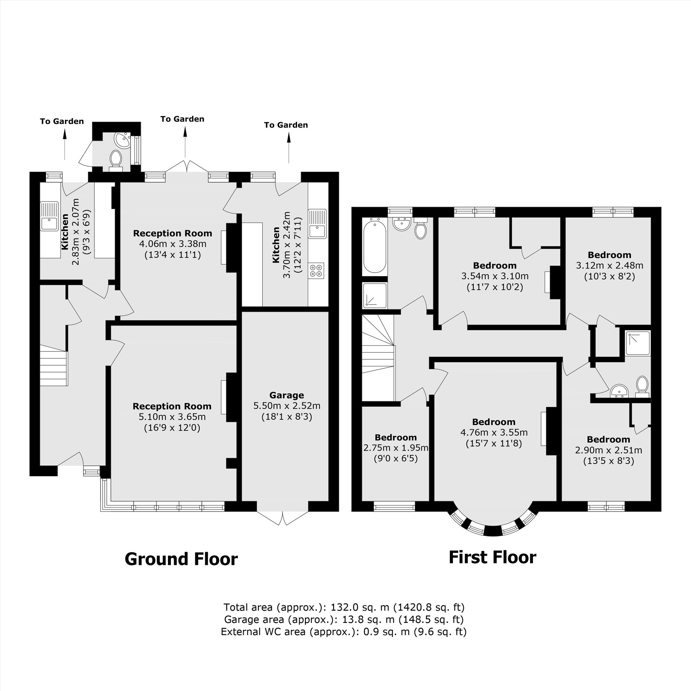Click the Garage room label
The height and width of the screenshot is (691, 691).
tap(286, 395)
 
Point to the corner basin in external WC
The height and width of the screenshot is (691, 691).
tap(123, 140)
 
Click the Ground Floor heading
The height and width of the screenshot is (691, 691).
tap(181, 559)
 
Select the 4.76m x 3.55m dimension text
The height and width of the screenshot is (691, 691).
tap(494, 433)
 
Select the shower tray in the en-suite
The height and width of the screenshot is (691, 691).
tap(637, 343)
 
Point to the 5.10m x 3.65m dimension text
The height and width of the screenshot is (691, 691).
tap(172, 417)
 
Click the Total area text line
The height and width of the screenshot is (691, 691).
tap(344, 607)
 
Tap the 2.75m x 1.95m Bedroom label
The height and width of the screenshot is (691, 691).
tap(396, 437)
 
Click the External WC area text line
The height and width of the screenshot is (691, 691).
tap(344, 632)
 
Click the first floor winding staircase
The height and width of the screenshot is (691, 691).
tap(378, 358)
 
